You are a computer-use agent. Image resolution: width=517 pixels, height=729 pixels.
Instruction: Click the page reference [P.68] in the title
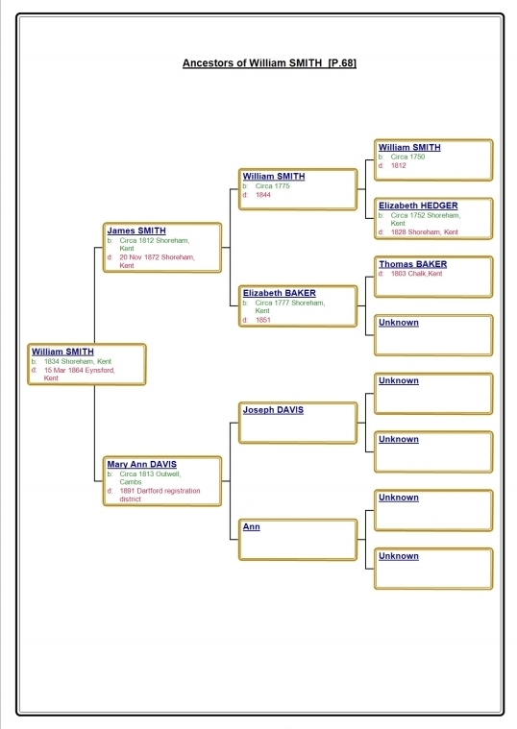342,62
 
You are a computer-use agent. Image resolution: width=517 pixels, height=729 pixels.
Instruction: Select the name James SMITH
136,231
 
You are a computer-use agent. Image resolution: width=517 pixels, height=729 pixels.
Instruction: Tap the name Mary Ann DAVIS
142,464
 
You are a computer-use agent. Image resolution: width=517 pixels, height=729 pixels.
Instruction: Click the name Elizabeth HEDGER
418,206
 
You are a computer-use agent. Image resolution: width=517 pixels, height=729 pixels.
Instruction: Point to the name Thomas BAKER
413,264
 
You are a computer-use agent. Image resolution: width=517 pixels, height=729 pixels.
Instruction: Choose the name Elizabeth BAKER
280,293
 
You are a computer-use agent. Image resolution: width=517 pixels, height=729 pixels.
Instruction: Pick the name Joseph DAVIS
273,410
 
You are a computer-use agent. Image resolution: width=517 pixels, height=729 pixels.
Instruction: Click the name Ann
251,526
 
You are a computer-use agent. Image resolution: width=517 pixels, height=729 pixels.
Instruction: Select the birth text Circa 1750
407,158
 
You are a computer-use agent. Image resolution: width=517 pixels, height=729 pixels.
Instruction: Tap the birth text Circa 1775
272,186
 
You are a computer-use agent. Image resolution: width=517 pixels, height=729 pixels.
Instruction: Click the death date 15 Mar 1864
63,370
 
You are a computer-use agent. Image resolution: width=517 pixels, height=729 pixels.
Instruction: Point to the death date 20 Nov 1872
139,257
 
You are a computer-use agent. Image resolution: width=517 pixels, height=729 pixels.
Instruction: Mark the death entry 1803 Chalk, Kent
416,274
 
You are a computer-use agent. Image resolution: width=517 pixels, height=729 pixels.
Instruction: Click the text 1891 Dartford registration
160,491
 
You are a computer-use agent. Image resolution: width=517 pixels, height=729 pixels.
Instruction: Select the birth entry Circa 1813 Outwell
150,474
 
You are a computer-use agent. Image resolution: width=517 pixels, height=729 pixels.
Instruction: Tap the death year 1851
263,320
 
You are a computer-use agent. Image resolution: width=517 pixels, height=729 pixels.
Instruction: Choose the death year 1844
263,195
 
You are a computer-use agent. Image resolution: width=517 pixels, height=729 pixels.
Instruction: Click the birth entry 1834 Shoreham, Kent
78,361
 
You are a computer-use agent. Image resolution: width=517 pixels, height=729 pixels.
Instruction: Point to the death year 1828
399,232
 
